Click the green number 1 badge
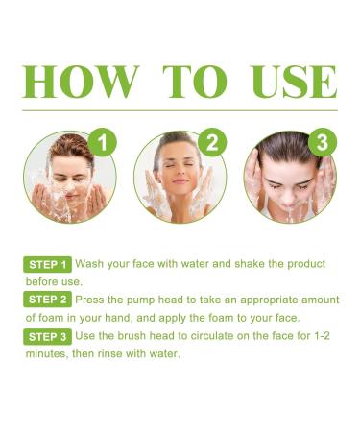[x=104, y=144]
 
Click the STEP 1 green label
[x=47, y=264]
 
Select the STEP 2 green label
[x=47, y=300]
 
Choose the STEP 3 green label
[x=47, y=337]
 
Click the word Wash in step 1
[x=90, y=264]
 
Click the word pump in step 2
[x=150, y=300]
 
